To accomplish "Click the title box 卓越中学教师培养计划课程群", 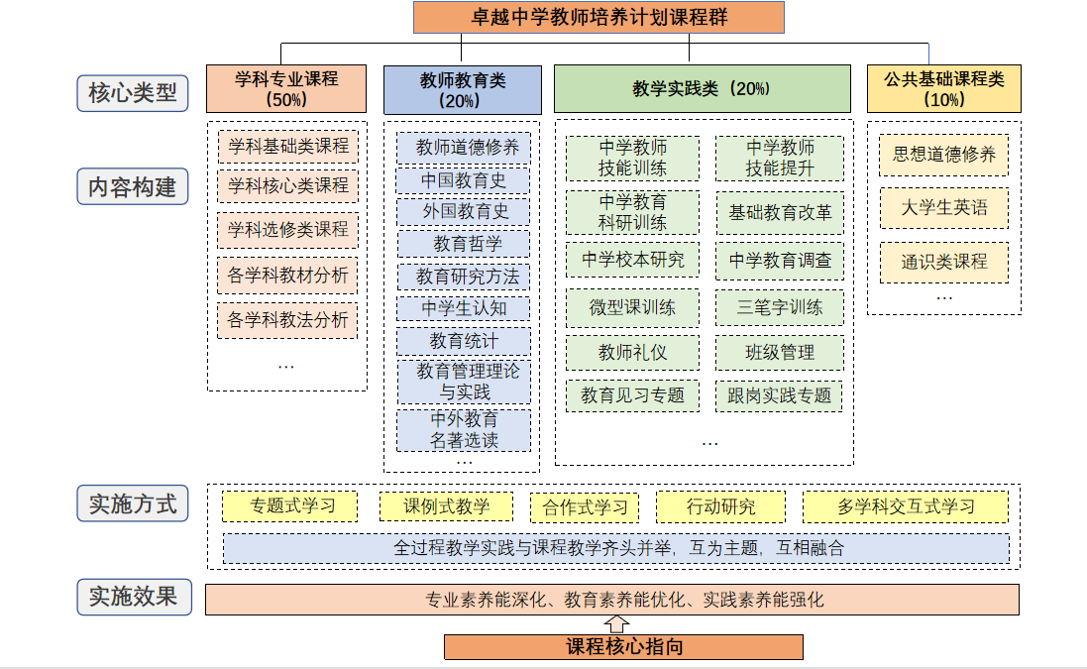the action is pyautogui.click(x=598, y=17).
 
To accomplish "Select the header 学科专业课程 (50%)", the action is pyautogui.click(x=286, y=89).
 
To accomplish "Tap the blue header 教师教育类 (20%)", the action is pyautogui.click(x=463, y=90).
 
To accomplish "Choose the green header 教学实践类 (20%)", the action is pyautogui.click(x=703, y=89).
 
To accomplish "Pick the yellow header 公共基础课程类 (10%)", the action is pyautogui.click(x=944, y=89).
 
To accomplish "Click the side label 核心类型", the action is pyautogui.click(x=133, y=93).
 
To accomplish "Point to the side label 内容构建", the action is pyautogui.click(x=133, y=186).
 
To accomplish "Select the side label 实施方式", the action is pyautogui.click(x=133, y=503).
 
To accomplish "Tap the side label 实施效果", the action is pyautogui.click(x=134, y=597).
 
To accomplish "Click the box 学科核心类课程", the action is pyautogui.click(x=287, y=185).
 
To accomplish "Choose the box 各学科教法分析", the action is pyautogui.click(x=287, y=320).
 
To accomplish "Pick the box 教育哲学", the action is pyautogui.click(x=464, y=244).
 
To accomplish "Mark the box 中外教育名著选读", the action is pyautogui.click(x=464, y=430).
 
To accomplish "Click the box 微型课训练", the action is pyautogui.click(x=632, y=308).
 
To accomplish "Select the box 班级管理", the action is pyautogui.click(x=780, y=353).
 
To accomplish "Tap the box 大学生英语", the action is pyautogui.click(x=944, y=208).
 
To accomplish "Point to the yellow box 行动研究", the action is pyautogui.click(x=721, y=506).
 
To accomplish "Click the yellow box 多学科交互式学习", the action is pyautogui.click(x=906, y=506).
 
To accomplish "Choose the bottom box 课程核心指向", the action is pyautogui.click(x=624, y=647).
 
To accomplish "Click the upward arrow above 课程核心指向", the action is pyautogui.click(x=616, y=624).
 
